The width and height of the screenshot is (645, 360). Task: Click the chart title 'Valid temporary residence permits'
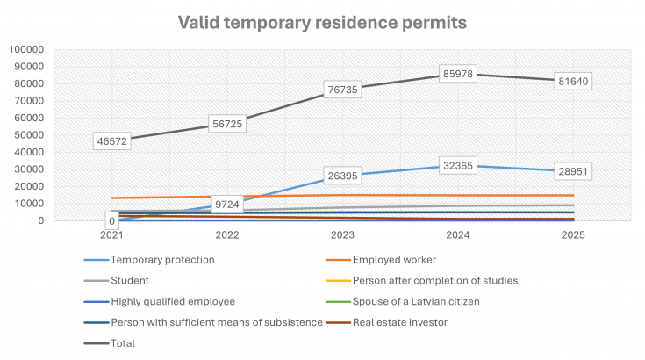(x=321, y=21)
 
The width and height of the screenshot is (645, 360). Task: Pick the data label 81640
(x=574, y=81)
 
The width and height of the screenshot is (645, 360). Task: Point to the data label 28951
(x=574, y=172)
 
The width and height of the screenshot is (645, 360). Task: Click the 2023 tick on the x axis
(x=342, y=235)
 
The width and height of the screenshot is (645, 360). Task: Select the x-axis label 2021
(x=111, y=235)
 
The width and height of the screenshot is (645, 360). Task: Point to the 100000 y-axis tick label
(x=25, y=49)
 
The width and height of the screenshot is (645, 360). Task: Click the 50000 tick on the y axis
(x=28, y=134)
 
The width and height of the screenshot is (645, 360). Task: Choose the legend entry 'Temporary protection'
(x=162, y=259)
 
